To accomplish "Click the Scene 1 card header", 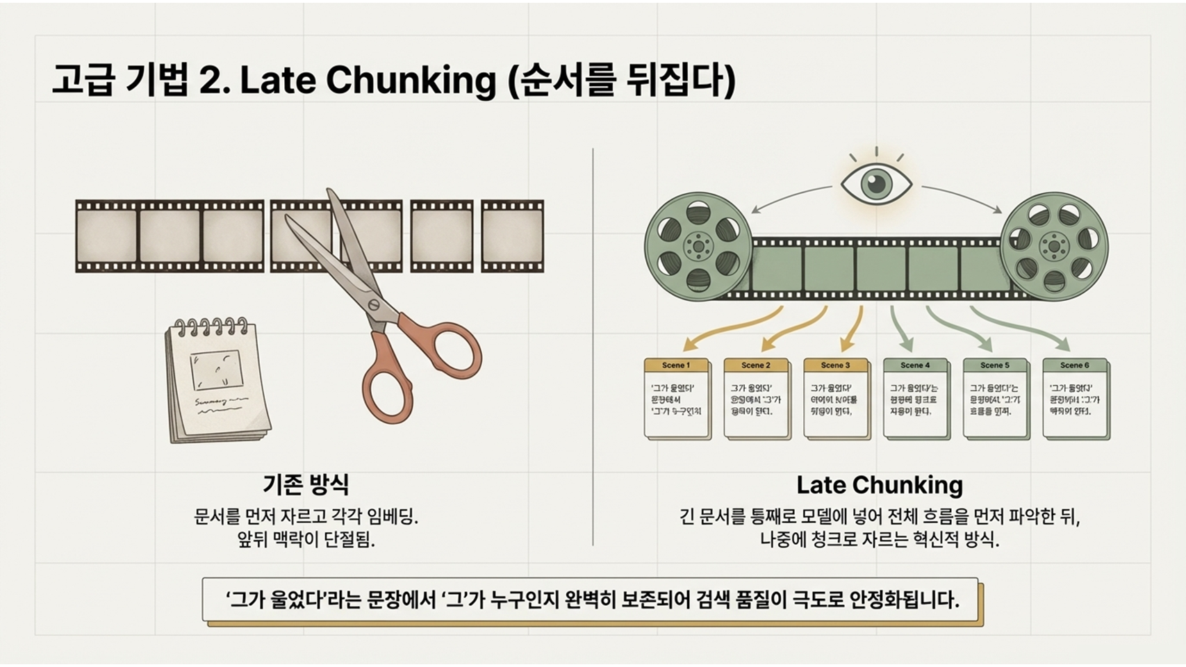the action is click(x=676, y=365).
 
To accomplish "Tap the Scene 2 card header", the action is click(x=756, y=365).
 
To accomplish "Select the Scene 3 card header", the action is click(x=835, y=365).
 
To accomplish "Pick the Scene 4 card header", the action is click(x=915, y=365).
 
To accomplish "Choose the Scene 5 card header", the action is click(x=995, y=365).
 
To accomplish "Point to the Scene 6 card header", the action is click(x=1074, y=365).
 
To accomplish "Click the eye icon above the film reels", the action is click(x=876, y=184).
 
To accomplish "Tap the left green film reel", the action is click(x=698, y=246).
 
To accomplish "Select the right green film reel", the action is click(x=1054, y=246).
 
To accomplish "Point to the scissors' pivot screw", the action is click(x=374, y=305).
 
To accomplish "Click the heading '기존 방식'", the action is click(x=306, y=484).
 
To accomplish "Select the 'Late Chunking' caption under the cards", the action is click(x=879, y=485).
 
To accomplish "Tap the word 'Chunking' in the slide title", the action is click(x=411, y=81).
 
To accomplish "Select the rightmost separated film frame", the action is click(x=512, y=236).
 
